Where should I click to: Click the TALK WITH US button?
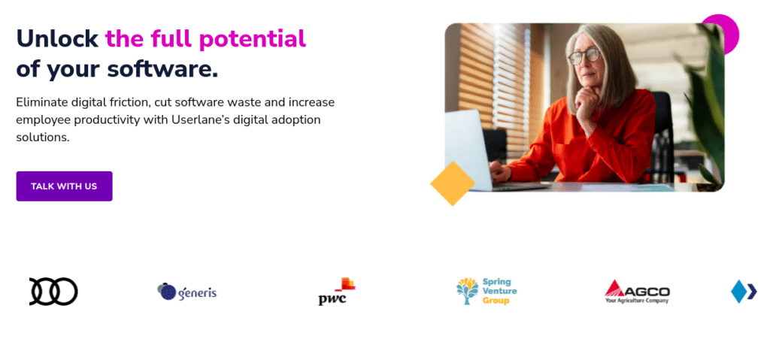65,186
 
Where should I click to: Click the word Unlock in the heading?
57,39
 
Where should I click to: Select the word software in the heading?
162,70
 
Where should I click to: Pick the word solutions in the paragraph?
43,137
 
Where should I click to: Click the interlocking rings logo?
53,292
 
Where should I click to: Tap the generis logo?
187,292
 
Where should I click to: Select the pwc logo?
336,292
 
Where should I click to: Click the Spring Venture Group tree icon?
467,291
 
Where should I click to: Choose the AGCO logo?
637,292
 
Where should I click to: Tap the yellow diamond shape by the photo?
452,183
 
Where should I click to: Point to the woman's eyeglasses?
584,56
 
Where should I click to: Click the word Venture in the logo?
499,291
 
